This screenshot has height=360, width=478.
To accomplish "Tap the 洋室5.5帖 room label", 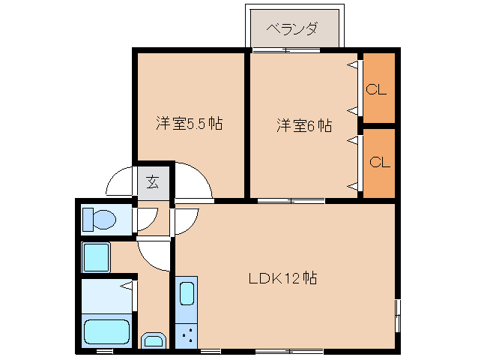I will point(189,124).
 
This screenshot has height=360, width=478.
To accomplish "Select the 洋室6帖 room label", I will point(303,125).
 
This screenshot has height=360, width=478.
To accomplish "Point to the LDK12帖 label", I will point(282,278).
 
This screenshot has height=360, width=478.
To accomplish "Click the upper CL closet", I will point(378,89).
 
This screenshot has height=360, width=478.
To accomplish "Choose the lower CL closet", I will point(378,163).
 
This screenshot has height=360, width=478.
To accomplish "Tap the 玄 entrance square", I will point(153,181).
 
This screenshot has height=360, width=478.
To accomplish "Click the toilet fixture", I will point(99,220).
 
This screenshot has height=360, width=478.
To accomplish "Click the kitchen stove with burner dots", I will point(186,334).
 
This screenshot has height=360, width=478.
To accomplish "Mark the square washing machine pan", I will point(96,257).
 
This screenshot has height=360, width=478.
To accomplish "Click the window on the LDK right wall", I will point(397,314).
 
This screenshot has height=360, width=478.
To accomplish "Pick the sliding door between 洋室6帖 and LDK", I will point(291,201).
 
